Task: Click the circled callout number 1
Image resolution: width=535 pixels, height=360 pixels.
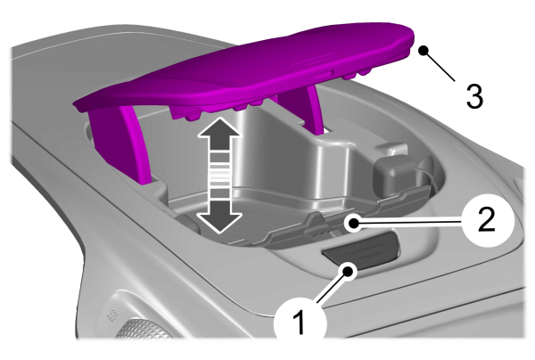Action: (300, 322)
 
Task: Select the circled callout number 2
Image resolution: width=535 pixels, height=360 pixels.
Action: (488, 219)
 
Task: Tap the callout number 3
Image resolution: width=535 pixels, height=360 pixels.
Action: (475, 96)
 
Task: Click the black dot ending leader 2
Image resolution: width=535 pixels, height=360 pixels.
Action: (353, 224)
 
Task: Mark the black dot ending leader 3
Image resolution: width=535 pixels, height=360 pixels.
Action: (424, 51)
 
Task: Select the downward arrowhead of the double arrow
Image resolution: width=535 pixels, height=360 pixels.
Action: (220, 218)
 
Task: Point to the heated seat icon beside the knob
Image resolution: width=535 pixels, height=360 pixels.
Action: (111, 316)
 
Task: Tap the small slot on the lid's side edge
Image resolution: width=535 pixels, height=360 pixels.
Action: (324, 77)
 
